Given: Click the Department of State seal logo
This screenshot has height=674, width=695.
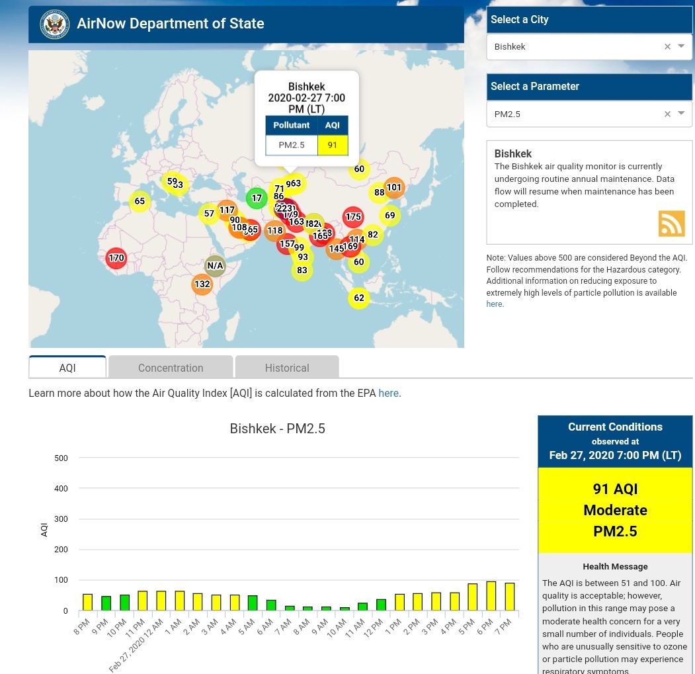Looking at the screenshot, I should tap(54, 24).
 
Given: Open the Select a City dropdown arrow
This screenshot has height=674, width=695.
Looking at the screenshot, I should tap(681, 46).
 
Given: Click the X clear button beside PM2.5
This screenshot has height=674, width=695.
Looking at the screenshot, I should tap(667, 114).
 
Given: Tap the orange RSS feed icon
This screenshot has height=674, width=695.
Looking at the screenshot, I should tap(671, 224).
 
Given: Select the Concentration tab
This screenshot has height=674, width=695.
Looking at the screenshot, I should tap(171, 367).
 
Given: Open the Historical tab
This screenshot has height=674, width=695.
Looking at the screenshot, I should tap(287, 367).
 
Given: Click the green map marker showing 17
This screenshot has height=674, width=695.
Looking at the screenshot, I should tap(257, 198).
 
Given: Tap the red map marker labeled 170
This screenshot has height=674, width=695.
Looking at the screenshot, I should tap(116, 258).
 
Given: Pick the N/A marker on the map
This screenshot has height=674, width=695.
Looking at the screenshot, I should tap(215, 266).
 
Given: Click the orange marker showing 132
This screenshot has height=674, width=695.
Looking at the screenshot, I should tap(202, 284).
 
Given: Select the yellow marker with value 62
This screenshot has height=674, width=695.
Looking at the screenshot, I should tap(358, 298).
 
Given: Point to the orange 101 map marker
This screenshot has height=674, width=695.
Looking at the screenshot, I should tap(394, 187).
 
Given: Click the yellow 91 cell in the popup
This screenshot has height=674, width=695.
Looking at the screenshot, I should tap(332, 145).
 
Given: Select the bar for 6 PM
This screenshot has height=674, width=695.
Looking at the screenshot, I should tap(491, 596).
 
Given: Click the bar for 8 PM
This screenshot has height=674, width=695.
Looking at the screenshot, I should tap(87, 602).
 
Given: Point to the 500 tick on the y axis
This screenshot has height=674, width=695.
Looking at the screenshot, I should tap(61, 458).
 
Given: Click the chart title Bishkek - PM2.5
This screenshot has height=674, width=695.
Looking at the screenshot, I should tap(277, 429).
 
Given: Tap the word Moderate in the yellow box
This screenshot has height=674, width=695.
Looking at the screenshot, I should tap(615, 510).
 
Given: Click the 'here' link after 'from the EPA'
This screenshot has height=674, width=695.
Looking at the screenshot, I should tap(388, 393).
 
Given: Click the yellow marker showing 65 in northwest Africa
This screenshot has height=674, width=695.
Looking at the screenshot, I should tap(140, 201).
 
